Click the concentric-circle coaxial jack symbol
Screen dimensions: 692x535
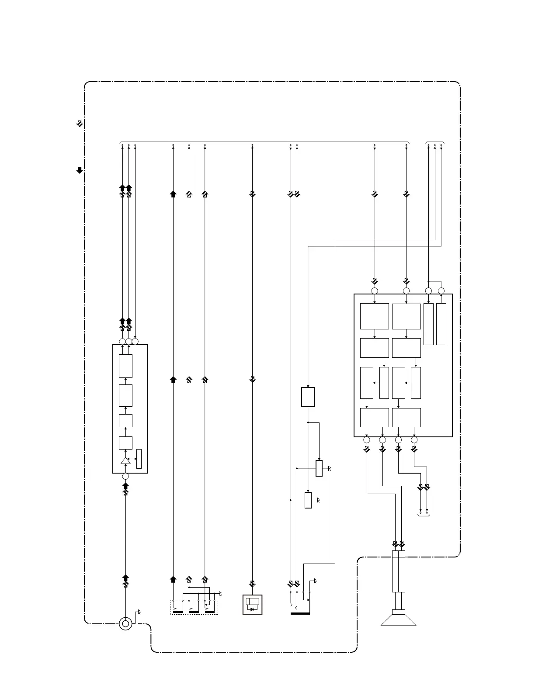point(125,624)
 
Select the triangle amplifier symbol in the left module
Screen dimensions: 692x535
point(125,461)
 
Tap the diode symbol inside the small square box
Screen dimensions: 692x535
point(253,609)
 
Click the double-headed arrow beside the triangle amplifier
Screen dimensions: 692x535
point(132,459)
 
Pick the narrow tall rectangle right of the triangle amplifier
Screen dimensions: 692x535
point(139,459)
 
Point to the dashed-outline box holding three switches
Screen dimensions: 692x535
point(194,607)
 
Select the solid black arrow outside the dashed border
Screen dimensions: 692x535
point(80,170)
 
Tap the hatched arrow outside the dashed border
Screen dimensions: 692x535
point(80,124)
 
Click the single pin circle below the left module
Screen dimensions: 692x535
point(125,476)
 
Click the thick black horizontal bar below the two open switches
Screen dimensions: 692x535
point(300,613)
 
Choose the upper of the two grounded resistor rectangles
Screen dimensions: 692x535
point(319,468)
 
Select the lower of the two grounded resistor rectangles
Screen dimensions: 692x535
point(308,500)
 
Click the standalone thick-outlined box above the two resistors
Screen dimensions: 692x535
point(308,397)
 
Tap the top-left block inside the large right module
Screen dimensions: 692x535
point(375,316)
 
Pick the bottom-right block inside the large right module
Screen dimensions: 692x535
point(406,418)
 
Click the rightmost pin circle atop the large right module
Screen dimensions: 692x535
point(441,291)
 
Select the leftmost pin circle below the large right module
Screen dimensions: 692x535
point(367,439)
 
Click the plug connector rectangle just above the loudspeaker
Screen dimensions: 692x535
point(398,571)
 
